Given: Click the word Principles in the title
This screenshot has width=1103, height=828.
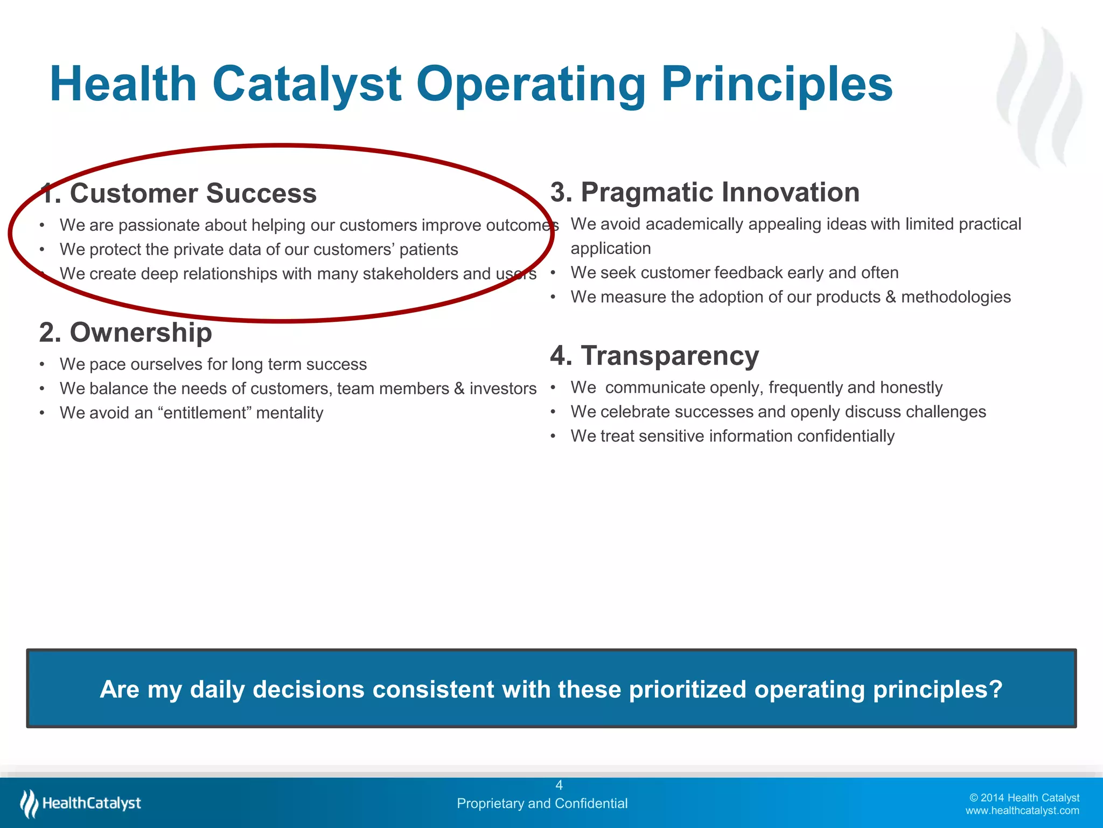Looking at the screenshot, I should tap(776, 85).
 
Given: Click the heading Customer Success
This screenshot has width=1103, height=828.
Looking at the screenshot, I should tap(192, 194).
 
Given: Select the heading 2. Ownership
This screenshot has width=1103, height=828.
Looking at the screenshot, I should tap(125, 333).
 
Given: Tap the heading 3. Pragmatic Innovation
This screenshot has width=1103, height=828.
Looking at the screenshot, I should tap(704, 192).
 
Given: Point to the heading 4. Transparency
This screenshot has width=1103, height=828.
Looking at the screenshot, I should tap(654, 356).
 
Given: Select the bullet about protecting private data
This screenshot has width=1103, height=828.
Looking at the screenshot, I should tap(259, 250).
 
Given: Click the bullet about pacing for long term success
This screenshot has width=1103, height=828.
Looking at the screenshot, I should tap(213, 364).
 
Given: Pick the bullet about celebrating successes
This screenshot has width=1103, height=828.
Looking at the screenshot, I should tap(778, 412).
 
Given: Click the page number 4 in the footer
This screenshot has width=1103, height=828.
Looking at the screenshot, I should tap(559, 785).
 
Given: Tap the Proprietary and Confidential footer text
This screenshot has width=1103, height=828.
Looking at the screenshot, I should tap(542, 803).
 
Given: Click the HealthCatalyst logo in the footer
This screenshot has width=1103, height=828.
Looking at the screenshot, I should tap(81, 803).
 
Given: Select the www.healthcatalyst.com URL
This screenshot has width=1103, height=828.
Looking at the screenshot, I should tap(1022, 811).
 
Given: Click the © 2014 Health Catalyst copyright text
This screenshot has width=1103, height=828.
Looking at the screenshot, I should tap(1024, 798).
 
